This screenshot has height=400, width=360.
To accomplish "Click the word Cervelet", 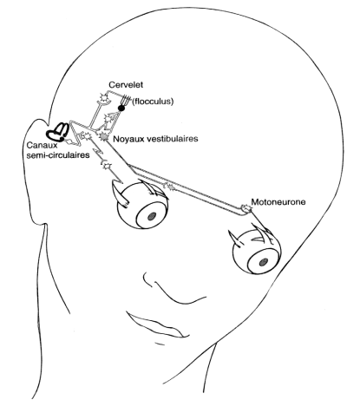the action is [x=126, y=85].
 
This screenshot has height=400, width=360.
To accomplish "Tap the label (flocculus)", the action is [x=153, y=102].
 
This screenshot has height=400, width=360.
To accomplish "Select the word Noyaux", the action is [x=128, y=139].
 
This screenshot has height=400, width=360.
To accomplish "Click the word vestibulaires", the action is [x=173, y=139].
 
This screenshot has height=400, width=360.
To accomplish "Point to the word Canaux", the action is [x=41, y=145].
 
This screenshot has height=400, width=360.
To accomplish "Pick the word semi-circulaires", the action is [x=58, y=155].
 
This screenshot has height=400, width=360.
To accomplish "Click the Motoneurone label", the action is [x=278, y=202].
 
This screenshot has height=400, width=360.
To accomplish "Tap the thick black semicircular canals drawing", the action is [x=58, y=132].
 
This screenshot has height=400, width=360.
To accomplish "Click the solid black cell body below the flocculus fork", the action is [x=121, y=108].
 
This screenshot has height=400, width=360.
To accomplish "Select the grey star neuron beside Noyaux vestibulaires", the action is [x=103, y=136].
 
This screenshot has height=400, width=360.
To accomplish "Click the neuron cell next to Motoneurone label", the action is [x=245, y=208].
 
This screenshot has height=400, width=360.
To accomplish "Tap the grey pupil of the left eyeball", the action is [x=152, y=216].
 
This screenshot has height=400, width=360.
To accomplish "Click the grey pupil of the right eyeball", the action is [x=263, y=262].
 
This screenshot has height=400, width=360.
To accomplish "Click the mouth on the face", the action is [x=158, y=325].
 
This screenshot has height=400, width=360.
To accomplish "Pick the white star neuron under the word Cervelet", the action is [x=102, y=97].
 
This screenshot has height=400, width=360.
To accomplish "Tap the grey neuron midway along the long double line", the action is [x=170, y=187].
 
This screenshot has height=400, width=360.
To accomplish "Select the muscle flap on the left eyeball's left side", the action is [x=120, y=196].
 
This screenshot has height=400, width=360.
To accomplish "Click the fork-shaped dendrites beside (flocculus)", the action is [x=125, y=100].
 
